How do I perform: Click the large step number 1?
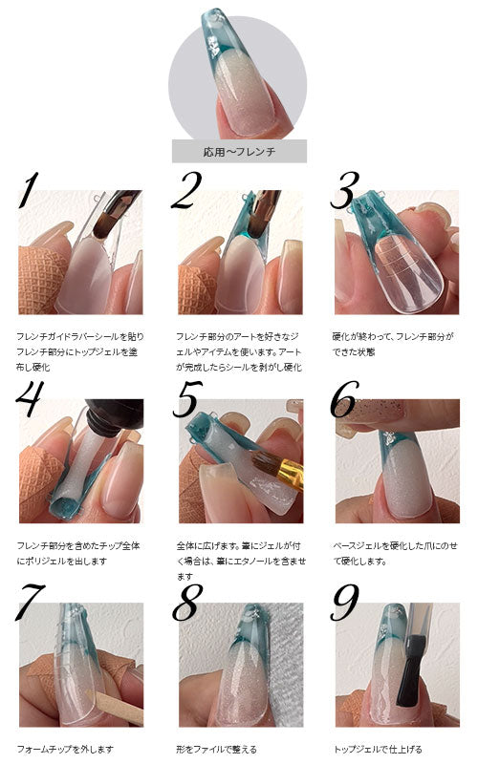click(29, 190)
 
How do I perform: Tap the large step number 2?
click(186, 190)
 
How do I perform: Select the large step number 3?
click(345, 190)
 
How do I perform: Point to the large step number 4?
click(31, 398)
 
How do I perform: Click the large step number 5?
click(187, 399)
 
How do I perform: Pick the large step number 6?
click(344, 399)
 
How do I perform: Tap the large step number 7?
click(31, 603)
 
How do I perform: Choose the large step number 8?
click(187, 603)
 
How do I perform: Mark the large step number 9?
click(344, 603)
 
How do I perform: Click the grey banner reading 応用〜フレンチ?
click(240, 152)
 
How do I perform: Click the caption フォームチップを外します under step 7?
click(65, 749)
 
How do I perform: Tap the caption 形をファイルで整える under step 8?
click(216, 749)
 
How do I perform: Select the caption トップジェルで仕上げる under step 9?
click(378, 749)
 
